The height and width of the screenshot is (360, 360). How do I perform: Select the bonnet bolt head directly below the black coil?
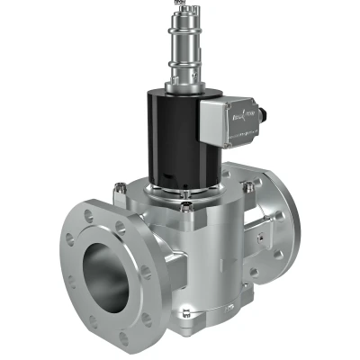coord(186,206)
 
